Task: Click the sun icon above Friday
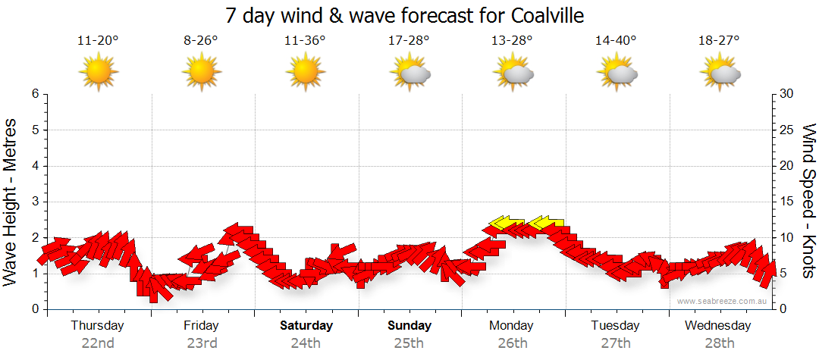click(201, 73)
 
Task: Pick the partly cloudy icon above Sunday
click(409, 73)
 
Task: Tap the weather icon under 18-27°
click(720, 73)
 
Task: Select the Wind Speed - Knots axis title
click(808, 202)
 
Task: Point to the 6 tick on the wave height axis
click(34, 94)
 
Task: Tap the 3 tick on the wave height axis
click(34, 202)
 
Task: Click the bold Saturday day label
click(306, 326)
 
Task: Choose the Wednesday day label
click(717, 326)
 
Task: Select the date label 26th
click(513, 343)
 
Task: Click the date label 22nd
click(98, 343)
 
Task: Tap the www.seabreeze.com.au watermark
click(723, 301)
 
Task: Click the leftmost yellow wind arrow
click(507, 222)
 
